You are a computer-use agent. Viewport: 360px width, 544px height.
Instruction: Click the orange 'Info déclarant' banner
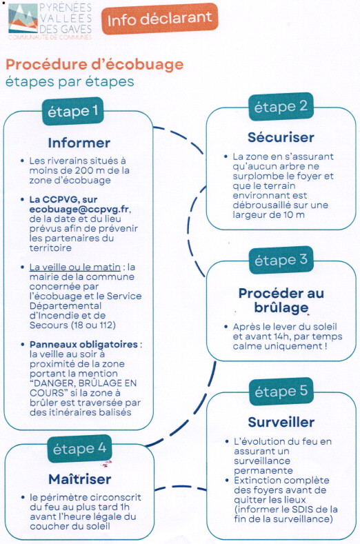coord(160,19)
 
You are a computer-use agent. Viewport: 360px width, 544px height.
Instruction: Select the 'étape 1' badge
coord(73,112)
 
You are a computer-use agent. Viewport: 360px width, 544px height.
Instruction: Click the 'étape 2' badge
coord(281,106)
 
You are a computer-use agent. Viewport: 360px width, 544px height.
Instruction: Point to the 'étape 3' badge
coord(281,260)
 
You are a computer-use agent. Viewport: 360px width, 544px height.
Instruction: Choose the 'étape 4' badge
coord(79,449)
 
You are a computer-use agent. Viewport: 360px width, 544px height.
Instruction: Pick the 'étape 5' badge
coord(281,392)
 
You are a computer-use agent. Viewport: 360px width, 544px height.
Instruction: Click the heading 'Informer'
coord(79,143)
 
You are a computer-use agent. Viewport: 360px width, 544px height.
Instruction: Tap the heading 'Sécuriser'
coord(281,137)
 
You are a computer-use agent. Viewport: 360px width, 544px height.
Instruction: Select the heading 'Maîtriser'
coord(80,479)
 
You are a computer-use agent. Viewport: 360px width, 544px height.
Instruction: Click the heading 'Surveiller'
coord(281,422)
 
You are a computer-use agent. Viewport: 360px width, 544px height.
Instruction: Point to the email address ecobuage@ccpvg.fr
coord(79,209)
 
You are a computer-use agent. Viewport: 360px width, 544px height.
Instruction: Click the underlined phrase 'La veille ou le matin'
coord(75,267)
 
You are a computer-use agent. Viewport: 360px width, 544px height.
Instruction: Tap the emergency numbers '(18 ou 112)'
coord(93,325)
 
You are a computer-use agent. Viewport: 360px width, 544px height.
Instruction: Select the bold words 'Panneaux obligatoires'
coord(83,345)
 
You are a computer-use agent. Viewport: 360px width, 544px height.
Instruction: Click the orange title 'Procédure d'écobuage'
coord(94,65)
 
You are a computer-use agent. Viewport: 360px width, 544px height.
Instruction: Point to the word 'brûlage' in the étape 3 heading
coord(281,308)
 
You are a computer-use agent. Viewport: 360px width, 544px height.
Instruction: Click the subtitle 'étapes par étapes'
coord(70,82)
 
